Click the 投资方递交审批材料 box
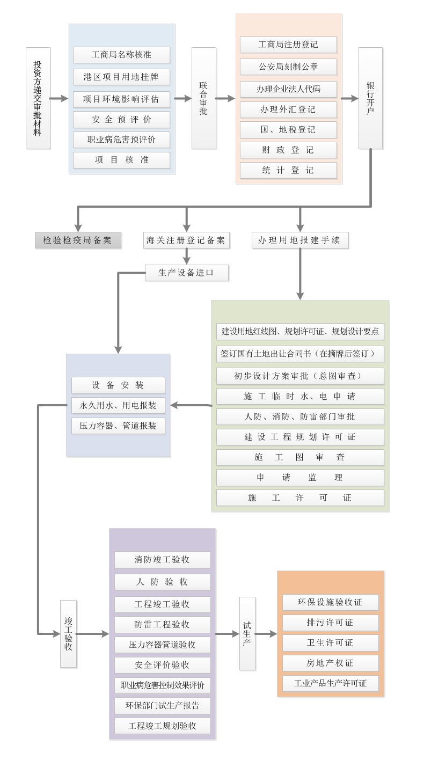tap(38, 98)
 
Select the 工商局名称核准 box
tap(121, 55)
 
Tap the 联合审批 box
tap(203, 98)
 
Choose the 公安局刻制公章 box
tap(288, 67)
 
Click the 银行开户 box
tap(370, 98)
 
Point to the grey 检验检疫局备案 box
tap(78, 240)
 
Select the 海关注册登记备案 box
tap(187, 240)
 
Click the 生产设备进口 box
tap(186, 273)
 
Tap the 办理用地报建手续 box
tap(300, 240)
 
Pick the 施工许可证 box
tap(300, 498)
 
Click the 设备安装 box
tap(118, 385)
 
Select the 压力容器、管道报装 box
tap(118, 426)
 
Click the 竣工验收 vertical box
tap(68, 634)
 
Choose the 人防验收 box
tap(162, 582)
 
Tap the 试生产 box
tap(247, 634)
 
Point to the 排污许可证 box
tap(330, 623)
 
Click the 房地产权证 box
tap(330, 663)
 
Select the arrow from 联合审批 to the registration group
tap(225, 98)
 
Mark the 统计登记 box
tap(288, 170)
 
